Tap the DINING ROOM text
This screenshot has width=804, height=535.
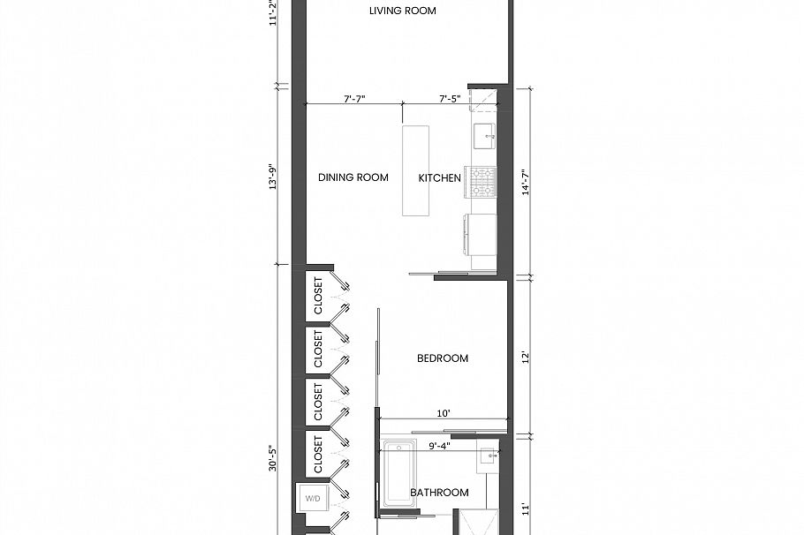click(x=353, y=177)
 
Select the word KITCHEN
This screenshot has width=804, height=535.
click(x=439, y=177)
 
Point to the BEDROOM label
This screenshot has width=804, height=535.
click(x=442, y=358)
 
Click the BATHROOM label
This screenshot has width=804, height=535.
click(x=439, y=493)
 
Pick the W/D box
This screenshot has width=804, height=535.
click(x=313, y=498)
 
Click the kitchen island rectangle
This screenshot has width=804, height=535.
click(x=415, y=170)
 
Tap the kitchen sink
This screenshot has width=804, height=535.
click(x=483, y=137)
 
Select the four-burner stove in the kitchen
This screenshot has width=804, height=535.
click(x=483, y=182)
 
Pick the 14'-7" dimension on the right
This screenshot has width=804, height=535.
click(x=527, y=182)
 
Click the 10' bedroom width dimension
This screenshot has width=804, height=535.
click(x=444, y=412)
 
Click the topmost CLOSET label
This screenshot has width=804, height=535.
click(x=318, y=296)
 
